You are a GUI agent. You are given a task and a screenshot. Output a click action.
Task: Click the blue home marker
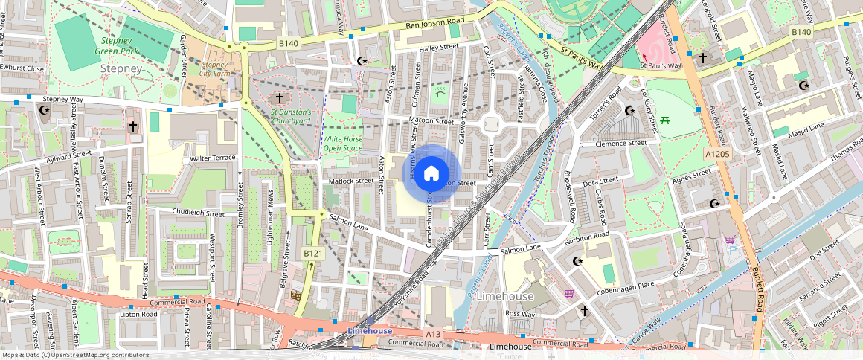[x=431, y=173]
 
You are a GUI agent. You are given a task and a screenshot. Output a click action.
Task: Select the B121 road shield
[x=312, y=254]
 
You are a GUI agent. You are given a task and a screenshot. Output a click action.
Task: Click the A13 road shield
[x=434, y=335]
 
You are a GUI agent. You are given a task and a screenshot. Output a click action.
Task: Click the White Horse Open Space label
[x=342, y=144]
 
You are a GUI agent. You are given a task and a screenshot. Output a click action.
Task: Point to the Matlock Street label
[x=351, y=180]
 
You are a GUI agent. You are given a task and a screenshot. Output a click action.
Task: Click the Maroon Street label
[x=431, y=121]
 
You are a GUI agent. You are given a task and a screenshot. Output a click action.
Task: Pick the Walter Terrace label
[x=213, y=158]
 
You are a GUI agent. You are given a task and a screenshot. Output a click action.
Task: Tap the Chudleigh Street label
[x=198, y=213]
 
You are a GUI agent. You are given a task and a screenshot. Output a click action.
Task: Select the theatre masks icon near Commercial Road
[x=295, y=295]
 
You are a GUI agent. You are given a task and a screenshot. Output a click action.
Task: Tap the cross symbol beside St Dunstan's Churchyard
[x=280, y=98]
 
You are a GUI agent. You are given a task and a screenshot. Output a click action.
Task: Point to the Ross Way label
[x=520, y=314]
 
